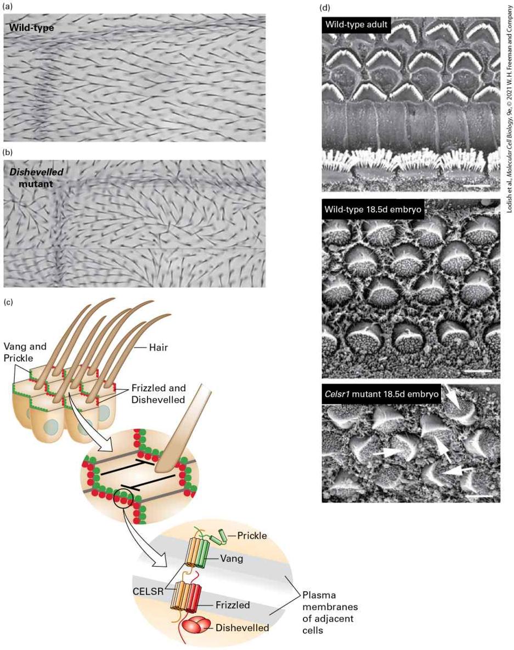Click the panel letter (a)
[8, 7]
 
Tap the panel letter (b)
[8, 152]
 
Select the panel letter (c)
[8, 302]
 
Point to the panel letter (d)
[326, 7]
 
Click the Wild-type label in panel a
[31, 28]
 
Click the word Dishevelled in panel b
[37, 172]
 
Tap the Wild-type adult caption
[356, 25]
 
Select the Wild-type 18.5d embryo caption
[372, 209]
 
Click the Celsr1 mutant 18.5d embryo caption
[381, 394]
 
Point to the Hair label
[159, 347]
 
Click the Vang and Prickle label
[25, 352]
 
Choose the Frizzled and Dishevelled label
[158, 394]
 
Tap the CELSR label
[148, 591]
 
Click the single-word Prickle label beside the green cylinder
[252, 535]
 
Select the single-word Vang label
[231, 559]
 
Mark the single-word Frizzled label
[233, 605]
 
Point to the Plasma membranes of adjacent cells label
[330, 613]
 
